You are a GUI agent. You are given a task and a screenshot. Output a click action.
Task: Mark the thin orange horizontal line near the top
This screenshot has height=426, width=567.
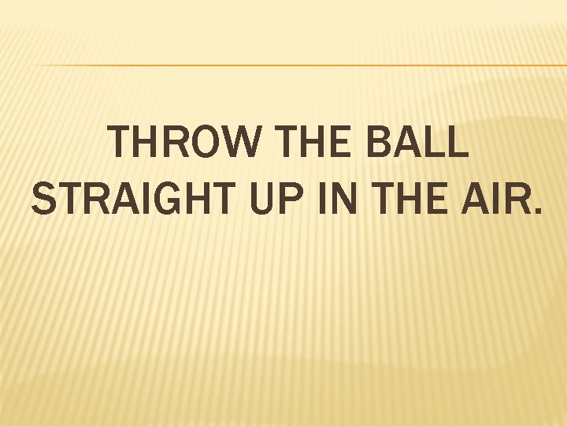[299, 65]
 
